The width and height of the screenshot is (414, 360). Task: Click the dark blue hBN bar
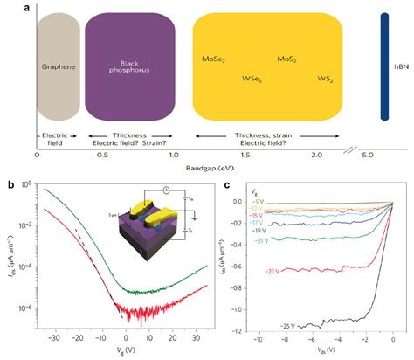point(384,66)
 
